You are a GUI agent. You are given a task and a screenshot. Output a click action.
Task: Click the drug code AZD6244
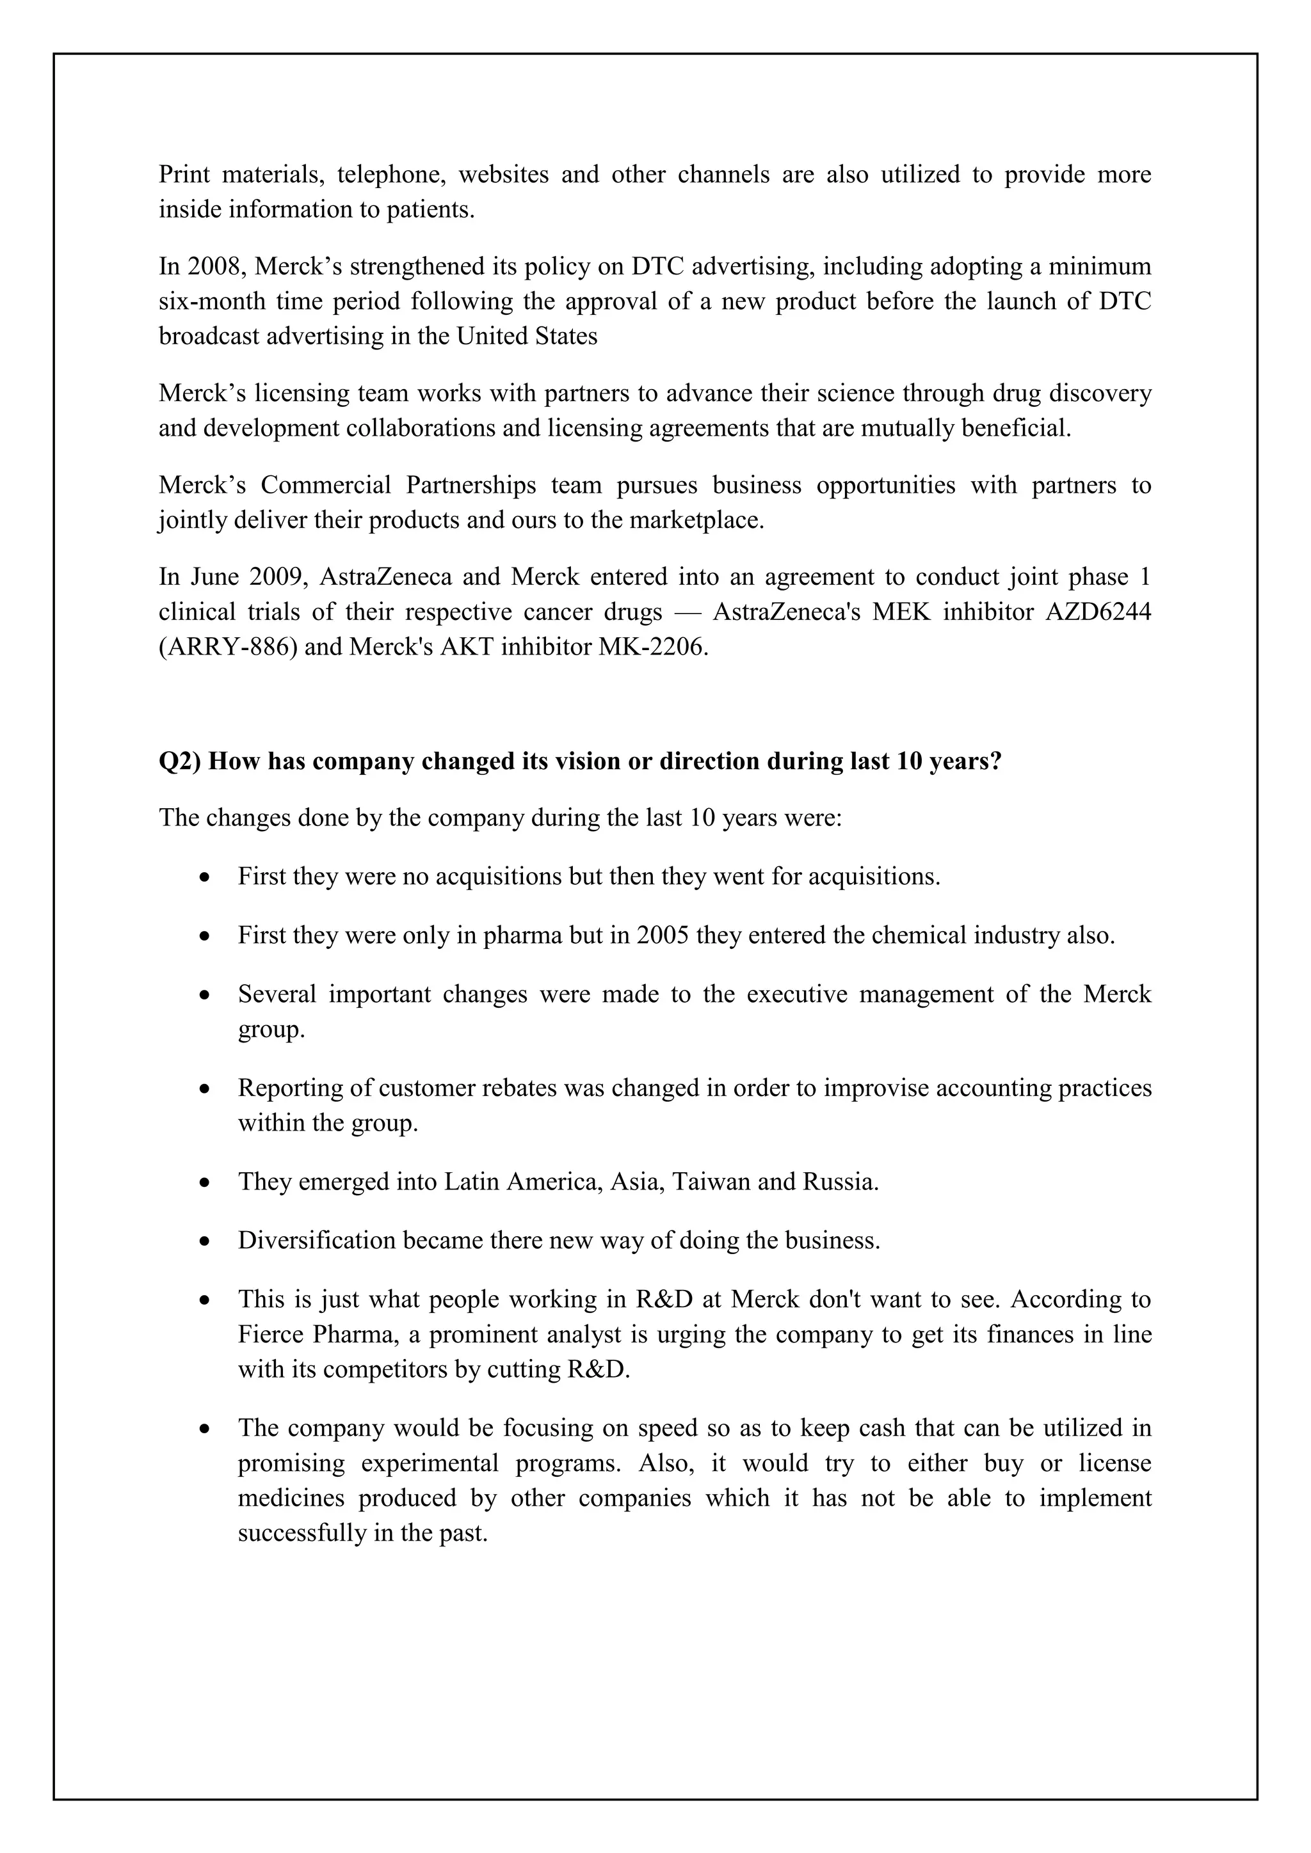point(1098,612)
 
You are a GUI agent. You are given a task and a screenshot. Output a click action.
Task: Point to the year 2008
point(214,266)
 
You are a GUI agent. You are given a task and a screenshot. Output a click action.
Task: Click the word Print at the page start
point(184,174)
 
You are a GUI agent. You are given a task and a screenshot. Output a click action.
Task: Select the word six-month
point(210,301)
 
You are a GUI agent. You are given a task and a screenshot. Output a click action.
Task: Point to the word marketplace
point(695,521)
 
